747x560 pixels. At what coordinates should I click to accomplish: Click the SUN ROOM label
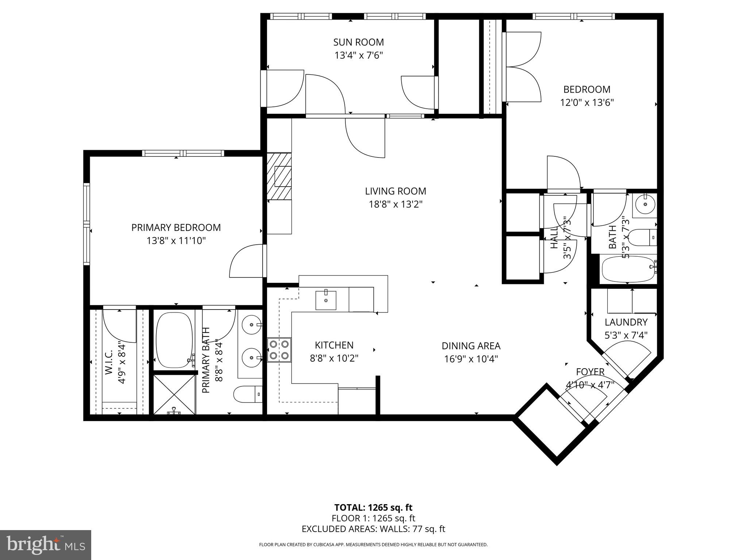click(358, 42)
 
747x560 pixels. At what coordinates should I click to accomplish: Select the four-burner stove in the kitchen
click(279, 350)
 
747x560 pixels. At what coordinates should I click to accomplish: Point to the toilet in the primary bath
click(248, 394)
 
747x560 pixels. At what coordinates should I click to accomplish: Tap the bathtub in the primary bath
click(174, 340)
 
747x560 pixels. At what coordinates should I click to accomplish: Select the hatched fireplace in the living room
click(279, 176)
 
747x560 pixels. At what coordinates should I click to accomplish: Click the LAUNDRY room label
click(626, 322)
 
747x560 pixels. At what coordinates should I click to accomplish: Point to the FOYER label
click(590, 372)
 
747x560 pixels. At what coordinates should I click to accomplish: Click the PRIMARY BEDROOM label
click(176, 227)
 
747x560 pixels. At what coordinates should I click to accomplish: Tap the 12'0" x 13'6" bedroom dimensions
click(587, 103)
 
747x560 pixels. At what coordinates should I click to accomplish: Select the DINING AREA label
click(471, 346)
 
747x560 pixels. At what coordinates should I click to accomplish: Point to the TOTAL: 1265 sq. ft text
click(373, 507)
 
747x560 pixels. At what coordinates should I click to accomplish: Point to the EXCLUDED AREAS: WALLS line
click(373, 529)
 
